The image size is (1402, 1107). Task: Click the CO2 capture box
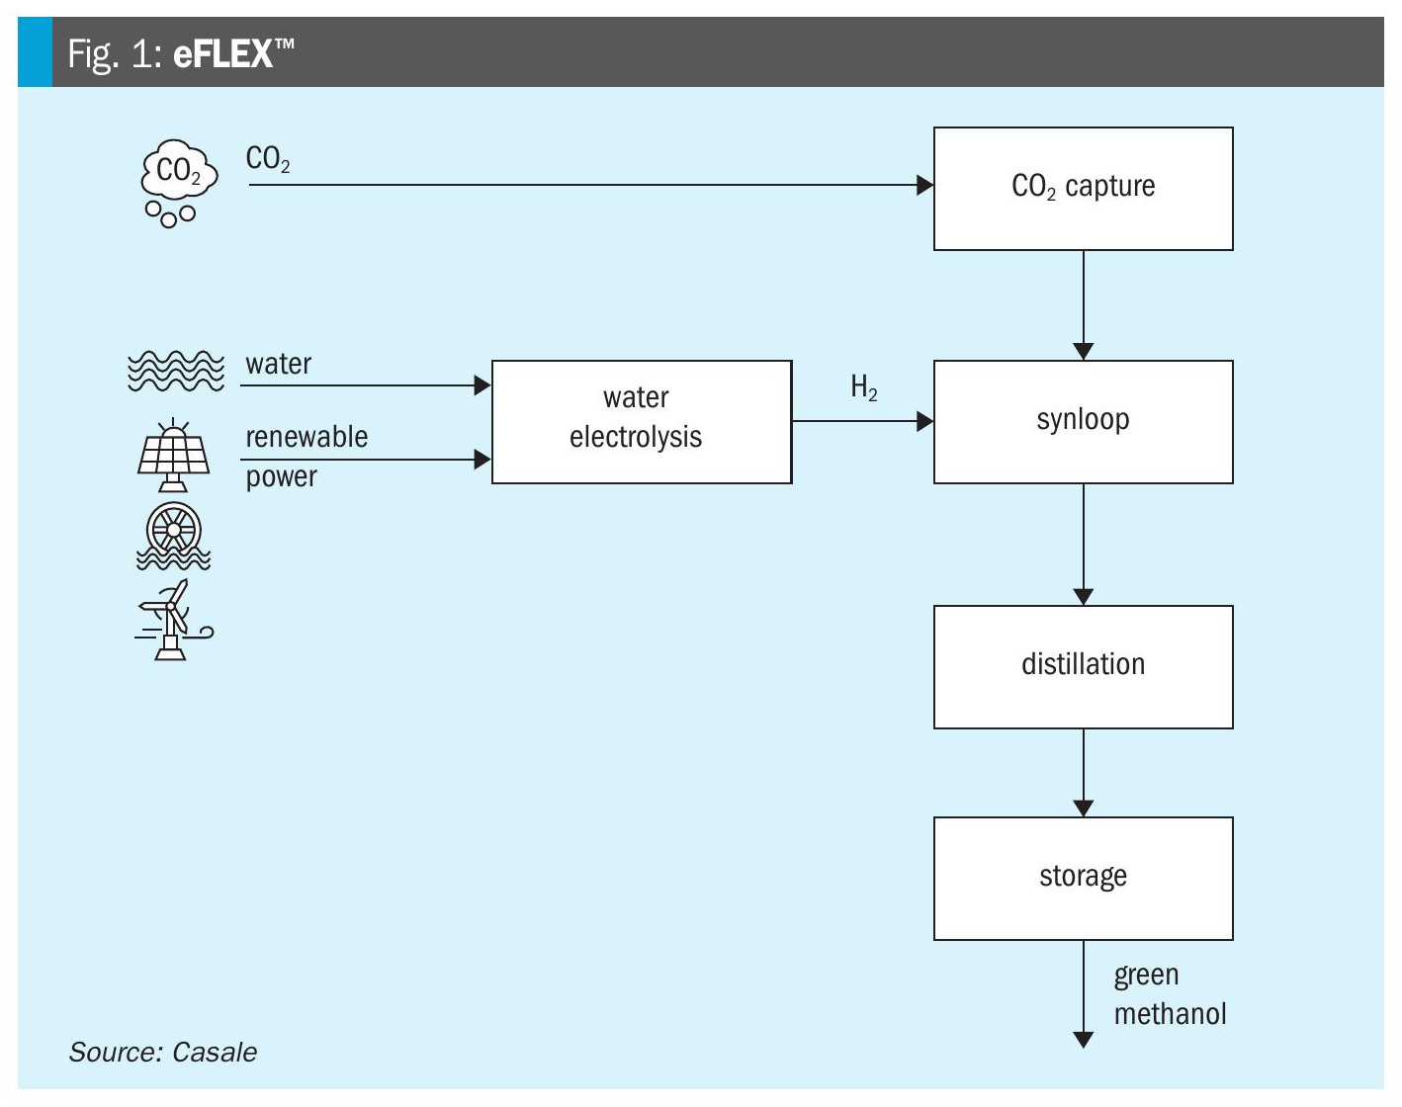1083,188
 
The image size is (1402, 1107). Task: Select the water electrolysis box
641,421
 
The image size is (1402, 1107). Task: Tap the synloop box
1083,421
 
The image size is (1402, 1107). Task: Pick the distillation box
1083,666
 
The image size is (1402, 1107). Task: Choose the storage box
1083,878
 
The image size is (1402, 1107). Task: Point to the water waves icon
176,371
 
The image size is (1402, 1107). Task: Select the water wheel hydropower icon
174,536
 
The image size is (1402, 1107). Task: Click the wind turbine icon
173,621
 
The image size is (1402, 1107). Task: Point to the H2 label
864,387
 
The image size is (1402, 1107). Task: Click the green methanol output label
1169,994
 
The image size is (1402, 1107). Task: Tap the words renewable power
306,457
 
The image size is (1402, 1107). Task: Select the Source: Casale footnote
163,1052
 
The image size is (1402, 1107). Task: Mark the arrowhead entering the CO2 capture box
925,185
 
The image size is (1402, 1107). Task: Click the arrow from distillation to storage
1084,772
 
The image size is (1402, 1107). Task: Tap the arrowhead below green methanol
1084,1040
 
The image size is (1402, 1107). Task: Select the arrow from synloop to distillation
1084,544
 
